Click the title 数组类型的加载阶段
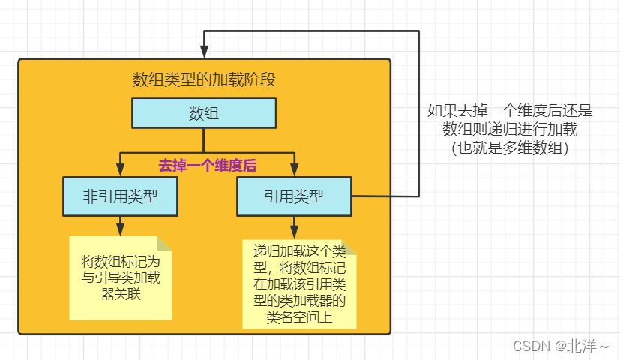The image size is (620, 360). pyautogui.click(x=204, y=79)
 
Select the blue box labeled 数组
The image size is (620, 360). pyautogui.click(x=204, y=113)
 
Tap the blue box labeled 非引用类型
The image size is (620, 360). pyautogui.click(x=120, y=196)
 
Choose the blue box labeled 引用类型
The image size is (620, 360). pyautogui.click(x=294, y=196)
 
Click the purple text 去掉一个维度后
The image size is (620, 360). pyautogui.click(x=208, y=166)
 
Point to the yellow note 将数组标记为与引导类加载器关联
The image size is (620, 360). pyautogui.click(x=120, y=277)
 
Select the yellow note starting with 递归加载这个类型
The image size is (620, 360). pyautogui.click(x=299, y=284)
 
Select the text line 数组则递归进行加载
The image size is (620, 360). pyautogui.click(x=510, y=130)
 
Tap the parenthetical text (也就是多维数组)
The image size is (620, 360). pyautogui.click(x=510, y=148)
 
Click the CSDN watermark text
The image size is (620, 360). pyautogui.click(x=532, y=346)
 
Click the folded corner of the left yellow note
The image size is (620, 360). pyautogui.click(x=164, y=244)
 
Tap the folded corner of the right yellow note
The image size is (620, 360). pyautogui.click(x=349, y=247)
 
